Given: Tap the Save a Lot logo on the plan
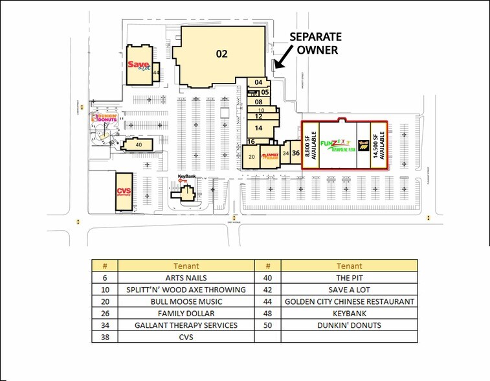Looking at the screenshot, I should (139, 65).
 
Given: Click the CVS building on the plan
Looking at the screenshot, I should (124, 191).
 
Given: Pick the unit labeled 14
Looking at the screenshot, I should (258, 129).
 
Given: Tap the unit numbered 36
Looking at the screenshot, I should (295, 154).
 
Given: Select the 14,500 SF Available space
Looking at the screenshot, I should (382, 145).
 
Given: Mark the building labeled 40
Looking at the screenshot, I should (138, 145).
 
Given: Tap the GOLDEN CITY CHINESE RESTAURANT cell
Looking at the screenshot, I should (350, 301).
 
